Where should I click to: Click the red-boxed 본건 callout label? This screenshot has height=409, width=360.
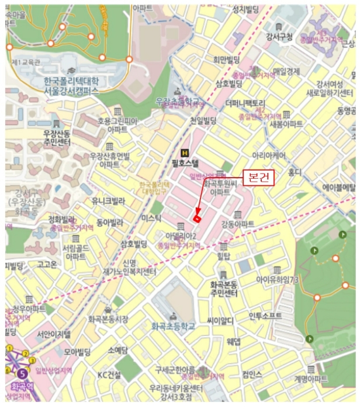[258, 178]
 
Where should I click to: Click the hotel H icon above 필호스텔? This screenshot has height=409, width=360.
[185, 138]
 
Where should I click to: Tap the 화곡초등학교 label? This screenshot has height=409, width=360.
[172, 326]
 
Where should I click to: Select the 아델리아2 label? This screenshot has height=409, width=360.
[181, 236]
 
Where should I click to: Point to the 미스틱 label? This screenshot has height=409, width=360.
[151, 217]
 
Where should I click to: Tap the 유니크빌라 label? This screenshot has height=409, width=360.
[108, 201]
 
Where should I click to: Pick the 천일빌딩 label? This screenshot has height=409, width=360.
[203, 120]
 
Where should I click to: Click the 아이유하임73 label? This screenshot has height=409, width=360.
[277, 279]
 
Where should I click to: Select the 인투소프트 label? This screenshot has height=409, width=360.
[265, 316]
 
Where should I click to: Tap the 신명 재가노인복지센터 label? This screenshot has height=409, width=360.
[131, 267]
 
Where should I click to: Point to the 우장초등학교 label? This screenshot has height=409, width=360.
[177, 102]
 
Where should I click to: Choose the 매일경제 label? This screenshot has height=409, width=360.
[286, 72]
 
